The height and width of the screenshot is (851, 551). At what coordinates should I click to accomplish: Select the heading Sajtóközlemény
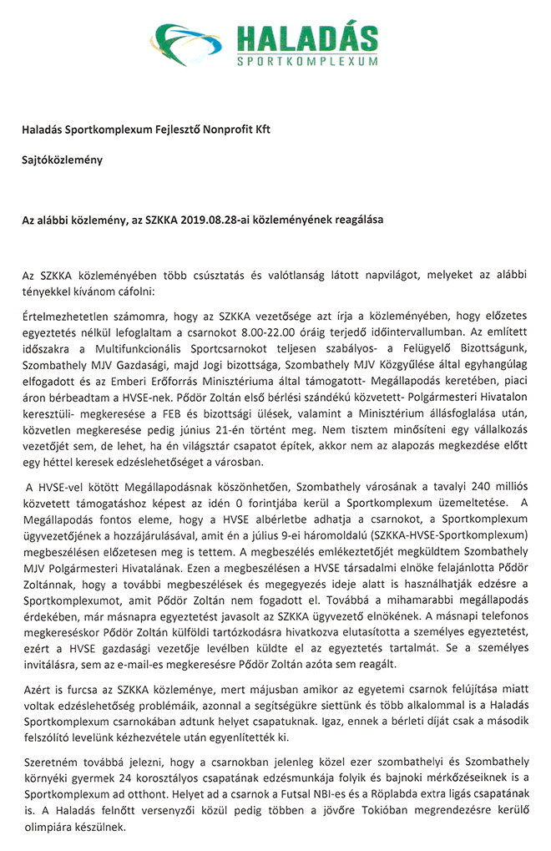pyautogui.click(x=63, y=160)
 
